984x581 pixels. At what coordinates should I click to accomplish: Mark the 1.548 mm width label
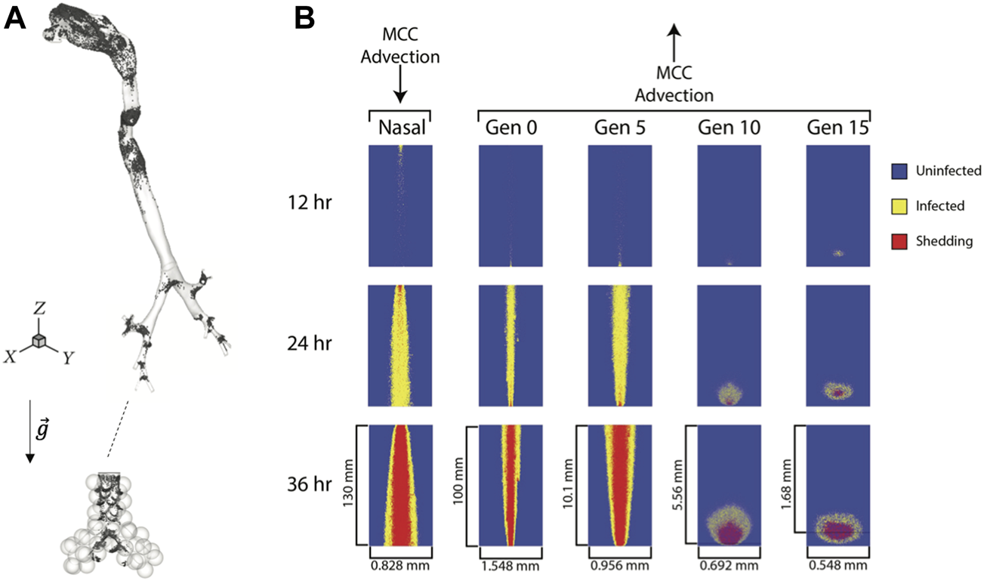coord(511,565)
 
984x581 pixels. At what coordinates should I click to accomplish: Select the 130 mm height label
coord(348,484)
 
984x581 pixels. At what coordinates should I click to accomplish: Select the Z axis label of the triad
coord(40,312)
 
